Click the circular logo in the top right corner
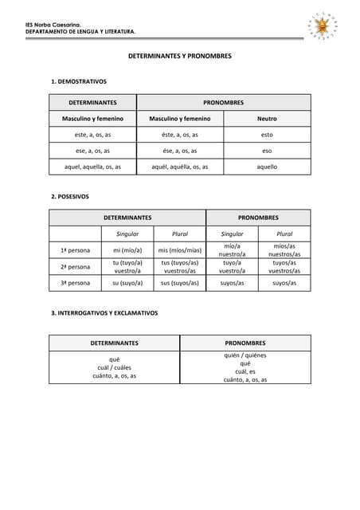click(323, 27)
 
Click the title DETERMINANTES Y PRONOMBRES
click(180, 57)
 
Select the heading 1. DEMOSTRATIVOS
click(79, 81)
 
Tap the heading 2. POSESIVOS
click(70, 196)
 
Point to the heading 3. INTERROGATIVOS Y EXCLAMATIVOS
click(104, 313)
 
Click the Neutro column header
click(267, 119)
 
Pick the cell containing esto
click(267, 135)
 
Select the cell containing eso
click(267, 151)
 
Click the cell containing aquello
click(267, 167)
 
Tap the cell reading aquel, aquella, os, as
click(92, 167)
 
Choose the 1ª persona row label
click(75, 250)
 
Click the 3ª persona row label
click(75, 283)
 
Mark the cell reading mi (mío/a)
click(127, 250)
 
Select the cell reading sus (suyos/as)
click(180, 283)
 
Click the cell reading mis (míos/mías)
click(180, 250)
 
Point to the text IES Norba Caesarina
click(53, 25)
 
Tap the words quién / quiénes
click(245, 355)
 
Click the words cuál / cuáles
click(115, 367)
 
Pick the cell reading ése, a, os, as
click(180, 151)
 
